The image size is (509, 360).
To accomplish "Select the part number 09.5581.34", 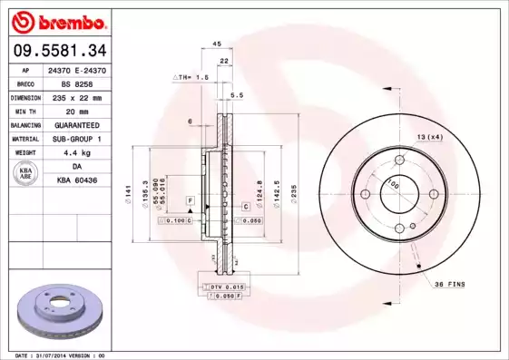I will pyautogui.click(x=57, y=51).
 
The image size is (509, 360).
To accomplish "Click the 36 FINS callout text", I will pyautogui.click(x=449, y=284).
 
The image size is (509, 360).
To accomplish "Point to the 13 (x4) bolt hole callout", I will pyautogui.click(x=429, y=136).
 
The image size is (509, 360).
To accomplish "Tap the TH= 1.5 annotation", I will pyautogui.click(x=191, y=79).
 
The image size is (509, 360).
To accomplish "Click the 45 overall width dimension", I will pyautogui.click(x=217, y=44).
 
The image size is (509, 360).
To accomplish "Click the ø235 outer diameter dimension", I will pyautogui.click(x=294, y=193).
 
